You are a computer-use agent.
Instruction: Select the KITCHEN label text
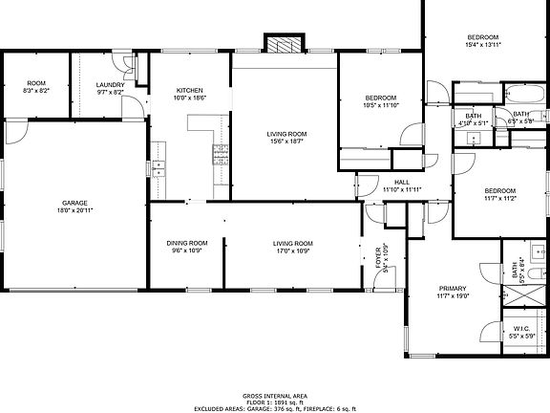pyautogui.click(x=189, y=91)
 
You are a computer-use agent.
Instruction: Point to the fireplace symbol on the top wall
pyautogui.click(x=284, y=45)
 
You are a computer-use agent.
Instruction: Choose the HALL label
pyautogui.click(x=402, y=182)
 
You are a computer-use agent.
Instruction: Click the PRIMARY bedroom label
pyautogui.click(x=453, y=288)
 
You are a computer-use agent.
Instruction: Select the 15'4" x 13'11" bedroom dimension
pyautogui.click(x=483, y=44)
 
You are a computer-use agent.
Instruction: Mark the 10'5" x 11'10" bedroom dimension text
pyautogui.click(x=381, y=106)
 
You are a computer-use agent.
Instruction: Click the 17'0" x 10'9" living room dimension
pyautogui.click(x=293, y=250)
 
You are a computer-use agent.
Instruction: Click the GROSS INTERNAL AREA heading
pyautogui.click(x=275, y=394)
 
